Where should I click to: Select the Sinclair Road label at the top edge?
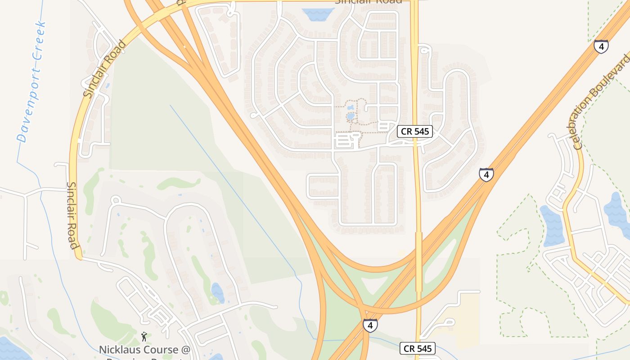point(368,1)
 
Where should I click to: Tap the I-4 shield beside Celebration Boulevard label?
point(601,46)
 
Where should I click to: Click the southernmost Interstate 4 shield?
point(370,325)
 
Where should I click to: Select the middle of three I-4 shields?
point(486,174)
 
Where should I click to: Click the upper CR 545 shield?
point(415,131)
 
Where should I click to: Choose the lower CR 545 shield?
point(418,348)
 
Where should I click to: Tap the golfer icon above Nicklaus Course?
point(144,336)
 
